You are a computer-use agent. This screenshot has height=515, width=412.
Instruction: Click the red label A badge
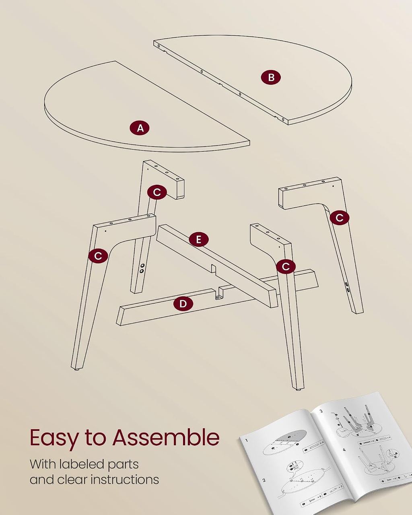coord(140,128)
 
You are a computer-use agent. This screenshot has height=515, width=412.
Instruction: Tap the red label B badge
coord(271,78)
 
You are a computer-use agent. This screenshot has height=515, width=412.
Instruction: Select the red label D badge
coord(183,304)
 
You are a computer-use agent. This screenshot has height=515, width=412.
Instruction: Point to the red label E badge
coord(199,239)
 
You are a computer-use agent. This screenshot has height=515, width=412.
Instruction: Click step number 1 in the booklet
coord(247,441)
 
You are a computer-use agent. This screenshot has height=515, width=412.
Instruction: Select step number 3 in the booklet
coord(321,411)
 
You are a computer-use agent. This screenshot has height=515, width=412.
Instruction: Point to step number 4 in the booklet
coord(344,450)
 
